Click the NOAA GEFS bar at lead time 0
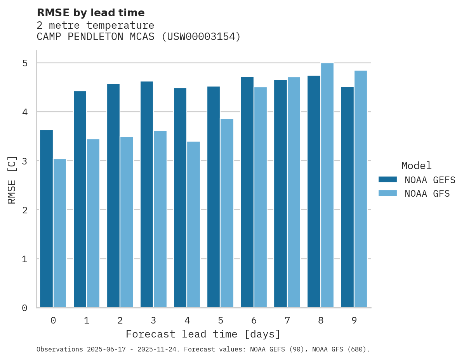[46, 219]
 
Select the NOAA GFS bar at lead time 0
[60, 233]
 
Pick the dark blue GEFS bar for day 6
[247, 192]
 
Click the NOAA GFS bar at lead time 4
[193, 225]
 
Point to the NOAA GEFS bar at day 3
[147, 194]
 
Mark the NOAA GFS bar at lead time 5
[227, 213]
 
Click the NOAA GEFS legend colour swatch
[388, 180]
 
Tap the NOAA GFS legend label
[427, 194]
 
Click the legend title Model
[416, 166]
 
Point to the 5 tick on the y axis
[24, 63]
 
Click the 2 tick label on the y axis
[24, 210]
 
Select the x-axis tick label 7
[287, 320]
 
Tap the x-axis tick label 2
[120, 320]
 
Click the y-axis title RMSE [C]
[12, 180]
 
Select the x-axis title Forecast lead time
[203, 334]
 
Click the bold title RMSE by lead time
[90, 13]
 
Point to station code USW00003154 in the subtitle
[200, 36]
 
